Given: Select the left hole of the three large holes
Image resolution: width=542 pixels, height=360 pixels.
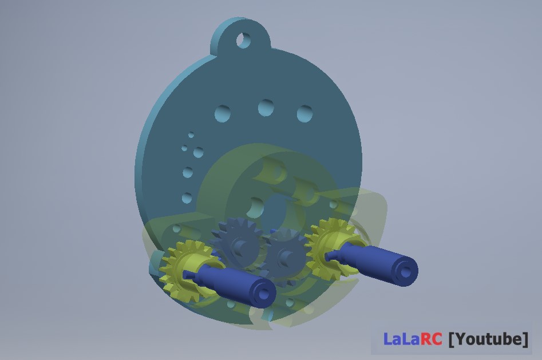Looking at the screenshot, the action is tap(223, 113).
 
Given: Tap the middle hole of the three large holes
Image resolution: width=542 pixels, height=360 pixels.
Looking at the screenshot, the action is tap(266, 108).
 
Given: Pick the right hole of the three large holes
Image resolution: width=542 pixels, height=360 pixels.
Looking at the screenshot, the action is tap(305, 114).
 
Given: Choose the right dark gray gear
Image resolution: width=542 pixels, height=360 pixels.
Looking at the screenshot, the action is tap(285, 256).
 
